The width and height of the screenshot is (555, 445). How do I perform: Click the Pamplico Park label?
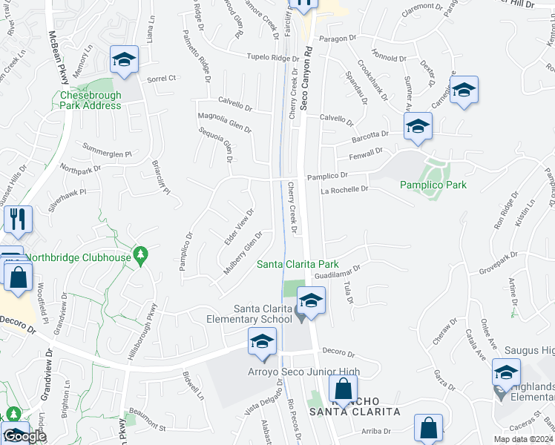pyautogui.click(x=433, y=185)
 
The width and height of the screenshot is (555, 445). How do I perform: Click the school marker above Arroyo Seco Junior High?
pyautogui.click(x=262, y=341)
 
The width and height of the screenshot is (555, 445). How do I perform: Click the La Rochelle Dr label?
pyautogui.click(x=344, y=190)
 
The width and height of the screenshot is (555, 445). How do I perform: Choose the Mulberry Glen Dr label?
pyautogui.click(x=244, y=254)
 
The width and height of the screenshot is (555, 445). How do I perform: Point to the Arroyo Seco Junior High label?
pyautogui.click(x=305, y=372)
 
